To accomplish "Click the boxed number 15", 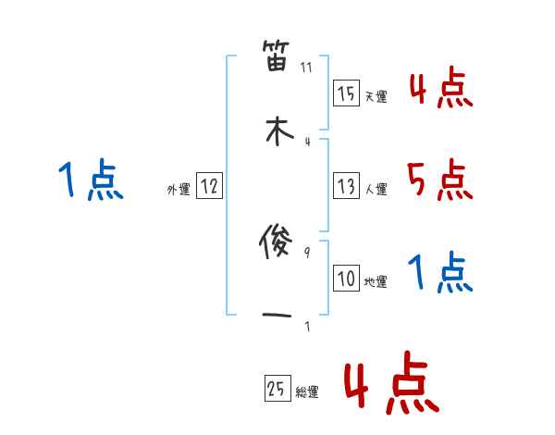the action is click(346, 93).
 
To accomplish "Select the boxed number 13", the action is click(346, 186).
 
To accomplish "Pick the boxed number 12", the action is click(209, 186).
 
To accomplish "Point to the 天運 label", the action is click(376, 96).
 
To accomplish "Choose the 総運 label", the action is click(307, 392).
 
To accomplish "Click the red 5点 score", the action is click(440, 180).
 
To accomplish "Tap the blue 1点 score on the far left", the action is click(91, 180).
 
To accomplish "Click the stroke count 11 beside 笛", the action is click(307, 68).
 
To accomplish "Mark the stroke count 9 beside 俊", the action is click(307, 252).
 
